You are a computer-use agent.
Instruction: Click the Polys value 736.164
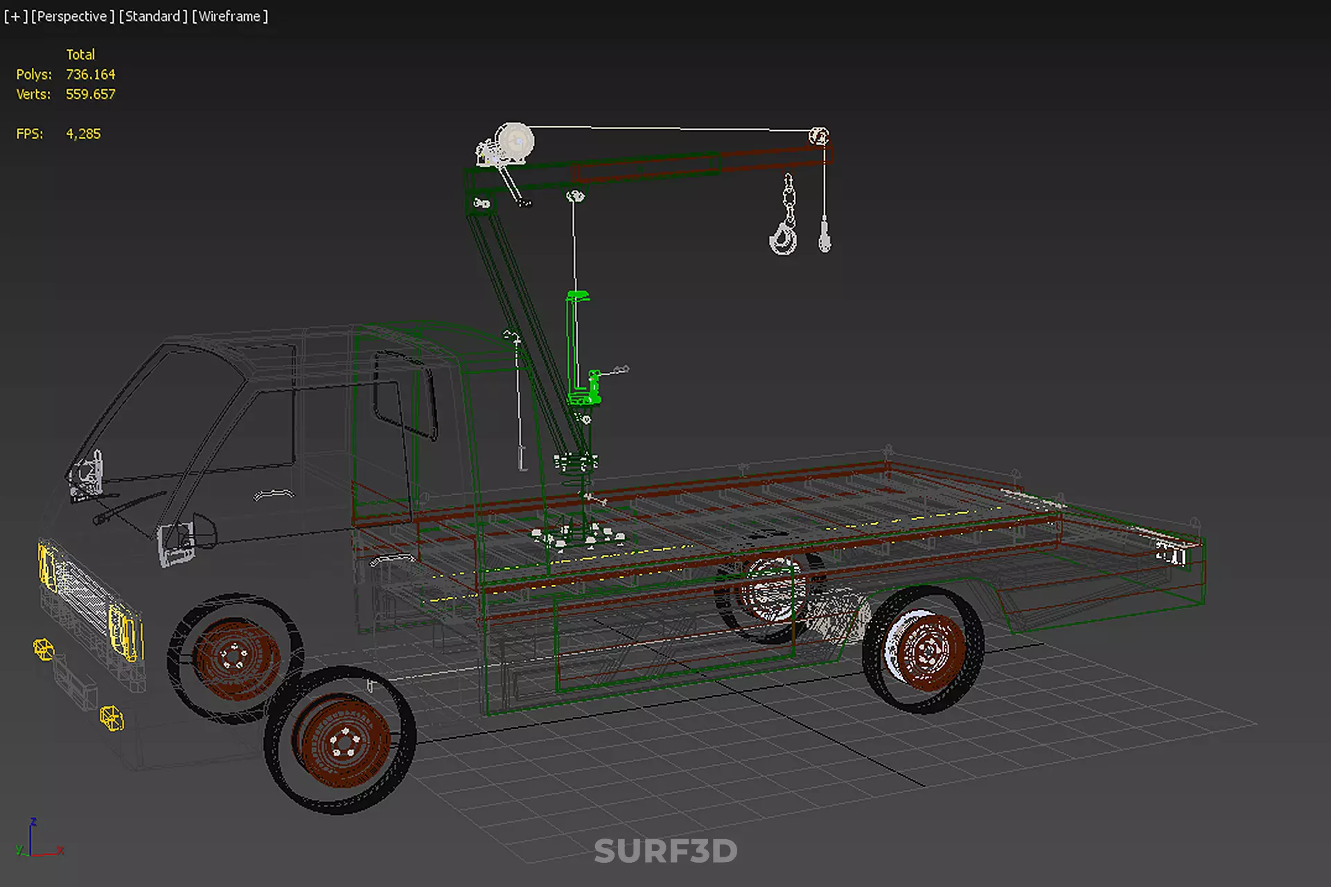click(x=90, y=74)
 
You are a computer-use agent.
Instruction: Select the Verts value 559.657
click(x=90, y=94)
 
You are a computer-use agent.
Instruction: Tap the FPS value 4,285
click(x=83, y=134)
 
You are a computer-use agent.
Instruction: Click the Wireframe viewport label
click(x=229, y=16)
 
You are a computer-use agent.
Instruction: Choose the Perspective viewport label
click(x=72, y=16)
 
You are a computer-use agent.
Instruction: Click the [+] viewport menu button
click(x=15, y=16)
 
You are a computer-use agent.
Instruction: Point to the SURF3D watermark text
click(x=665, y=851)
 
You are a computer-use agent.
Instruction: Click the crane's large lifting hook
click(x=784, y=236)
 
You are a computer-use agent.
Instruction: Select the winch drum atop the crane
click(x=515, y=141)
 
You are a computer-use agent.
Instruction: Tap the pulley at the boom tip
click(x=818, y=136)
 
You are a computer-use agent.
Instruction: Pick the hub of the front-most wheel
click(x=344, y=741)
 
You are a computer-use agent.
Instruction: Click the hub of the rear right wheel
click(x=927, y=650)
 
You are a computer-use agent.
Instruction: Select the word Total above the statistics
click(x=80, y=54)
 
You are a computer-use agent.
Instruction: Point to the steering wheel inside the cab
click(x=274, y=494)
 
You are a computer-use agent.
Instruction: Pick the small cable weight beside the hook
click(x=825, y=236)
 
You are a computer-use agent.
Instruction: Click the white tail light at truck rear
click(x=1170, y=554)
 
